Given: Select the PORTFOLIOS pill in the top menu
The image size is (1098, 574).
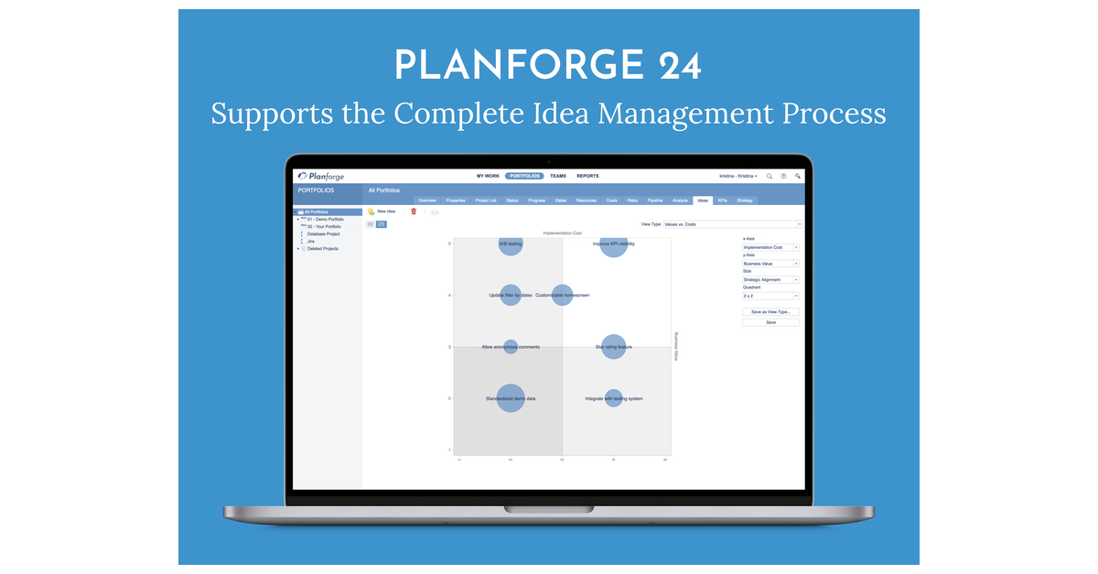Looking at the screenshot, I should coord(524,176).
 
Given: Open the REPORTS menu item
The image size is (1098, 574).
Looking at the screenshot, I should coord(587,176).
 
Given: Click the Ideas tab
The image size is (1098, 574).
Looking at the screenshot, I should coord(703,200).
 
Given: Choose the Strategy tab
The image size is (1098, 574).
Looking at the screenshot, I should coord(745,200).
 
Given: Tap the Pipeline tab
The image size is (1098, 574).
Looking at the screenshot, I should coord(655,200).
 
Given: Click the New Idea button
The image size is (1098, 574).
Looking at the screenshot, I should coord(382,211).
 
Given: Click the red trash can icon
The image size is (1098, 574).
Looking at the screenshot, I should coord(414,211).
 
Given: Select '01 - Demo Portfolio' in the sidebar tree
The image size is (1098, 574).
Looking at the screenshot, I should coord(326,220).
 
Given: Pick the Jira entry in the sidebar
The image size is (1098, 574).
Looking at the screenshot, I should coord(311,241).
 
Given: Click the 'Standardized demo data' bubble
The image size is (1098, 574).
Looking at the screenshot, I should coord(511,398).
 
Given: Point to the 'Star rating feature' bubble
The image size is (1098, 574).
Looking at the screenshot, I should coord(613,347).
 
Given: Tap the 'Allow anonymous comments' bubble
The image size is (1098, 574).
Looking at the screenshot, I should coord(511,347).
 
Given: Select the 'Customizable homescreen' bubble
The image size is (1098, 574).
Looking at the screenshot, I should coord(562,295).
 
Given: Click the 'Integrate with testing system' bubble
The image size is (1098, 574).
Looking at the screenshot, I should coord(614,398).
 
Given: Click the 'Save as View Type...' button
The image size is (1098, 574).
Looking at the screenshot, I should coord(770,312).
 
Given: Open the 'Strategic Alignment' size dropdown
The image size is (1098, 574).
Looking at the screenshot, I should coord(770,280).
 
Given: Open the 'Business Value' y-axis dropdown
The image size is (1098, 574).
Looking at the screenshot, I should coord(770,264).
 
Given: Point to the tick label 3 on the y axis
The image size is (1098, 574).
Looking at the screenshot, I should coord(449,347).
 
